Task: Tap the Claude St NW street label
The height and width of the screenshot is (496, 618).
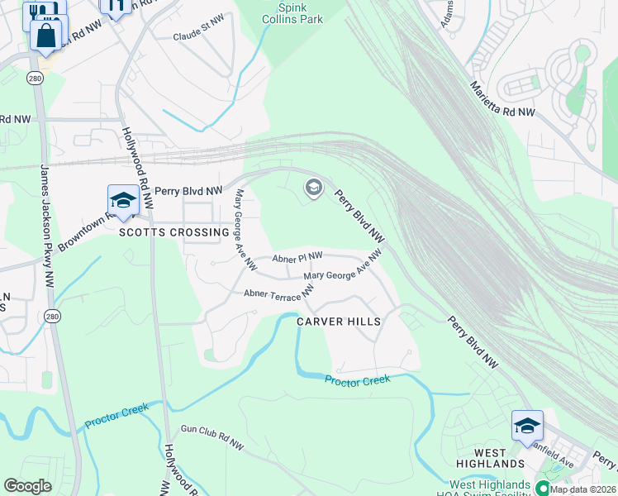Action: pyautogui.click(x=199, y=36)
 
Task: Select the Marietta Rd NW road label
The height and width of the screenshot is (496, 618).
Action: pyautogui.click(x=502, y=98)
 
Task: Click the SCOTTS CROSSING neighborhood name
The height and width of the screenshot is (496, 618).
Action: pyautogui.click(x=174, y=232)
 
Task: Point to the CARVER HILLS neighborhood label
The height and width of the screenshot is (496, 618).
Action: pyautogui.click(x=339, y=322)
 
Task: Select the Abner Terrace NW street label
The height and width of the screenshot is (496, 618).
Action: pyautogui.click(x=278, y=292)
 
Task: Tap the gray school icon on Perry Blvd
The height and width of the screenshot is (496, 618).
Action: pyautogui.click(x=313, y=188)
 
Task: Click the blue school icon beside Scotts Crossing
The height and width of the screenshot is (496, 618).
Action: pyautogui.click(x=123, y=200)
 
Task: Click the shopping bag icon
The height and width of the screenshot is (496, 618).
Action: pyautogui.click(x=45, y=35)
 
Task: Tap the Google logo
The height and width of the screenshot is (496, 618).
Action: pyautogui.click(x=27, y=486)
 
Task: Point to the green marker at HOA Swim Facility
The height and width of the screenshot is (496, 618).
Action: pyautogui.click(x=543, y=488)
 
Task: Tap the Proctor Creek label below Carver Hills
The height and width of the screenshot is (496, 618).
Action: pyautogui.click(x=356, y=380)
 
